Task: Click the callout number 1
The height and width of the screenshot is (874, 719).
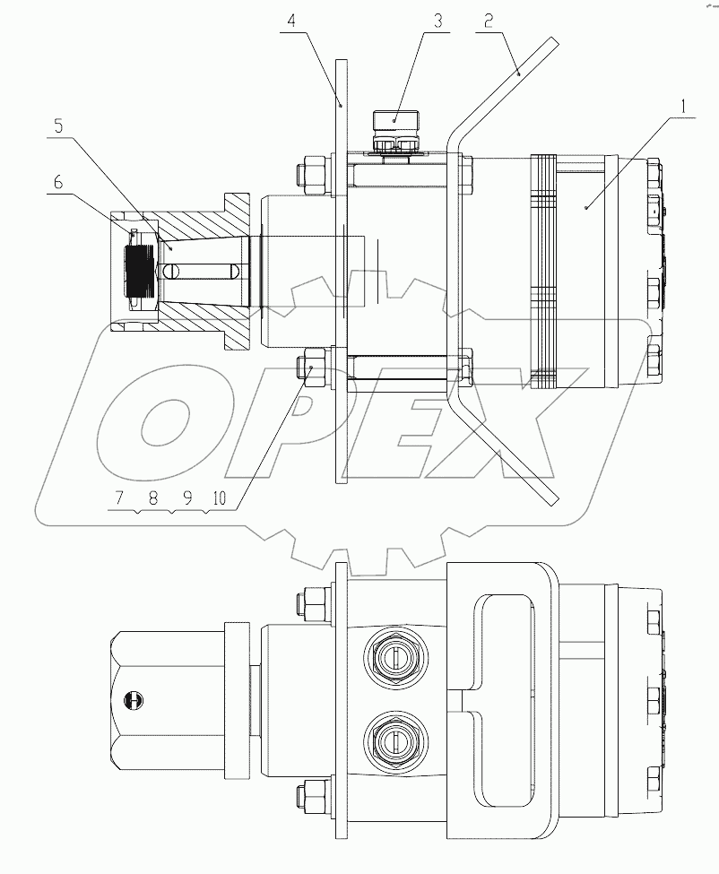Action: (684, 106)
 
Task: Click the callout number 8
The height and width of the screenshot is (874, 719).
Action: (152, 498)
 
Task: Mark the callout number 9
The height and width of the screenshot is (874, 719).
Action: (187, 498)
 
